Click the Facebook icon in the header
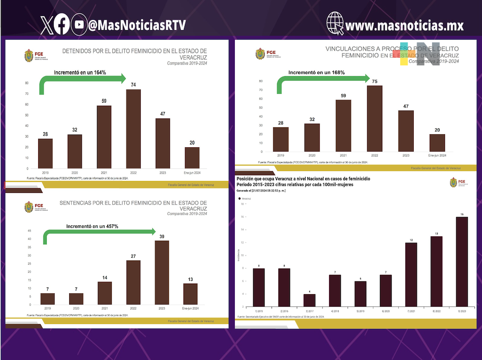62,25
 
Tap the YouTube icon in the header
79,25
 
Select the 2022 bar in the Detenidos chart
133,128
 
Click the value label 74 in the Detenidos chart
133,85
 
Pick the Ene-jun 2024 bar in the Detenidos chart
192,158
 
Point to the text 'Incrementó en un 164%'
80,72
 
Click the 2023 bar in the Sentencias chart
162,272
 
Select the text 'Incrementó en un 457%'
92,226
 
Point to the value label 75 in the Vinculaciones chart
375,81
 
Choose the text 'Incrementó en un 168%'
317,72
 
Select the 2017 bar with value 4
309,300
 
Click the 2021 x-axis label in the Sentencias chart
105,308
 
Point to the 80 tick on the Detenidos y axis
26,83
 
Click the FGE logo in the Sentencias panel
29,207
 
